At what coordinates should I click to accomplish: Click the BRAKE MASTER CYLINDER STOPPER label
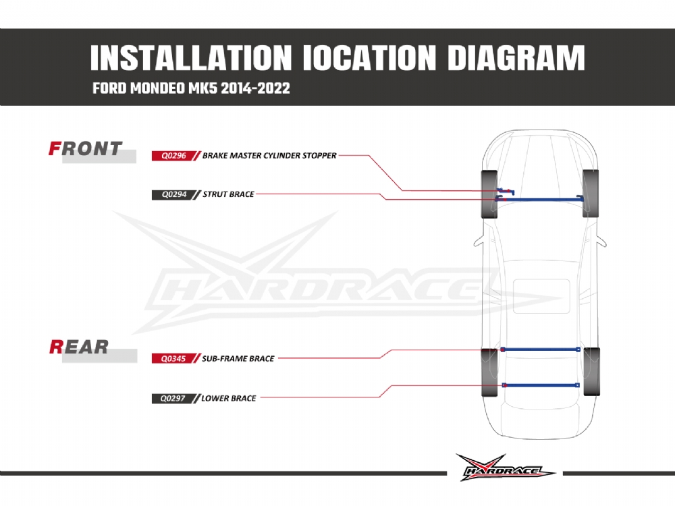pyautogui.click(x=269, y=156)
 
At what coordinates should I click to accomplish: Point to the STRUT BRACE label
pyautogui.click(x=228, y=194)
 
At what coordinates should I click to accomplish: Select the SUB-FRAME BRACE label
pyautogui.click(x=238, y=358)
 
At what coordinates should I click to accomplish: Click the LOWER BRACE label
pyautogui.click(x=229, y=399)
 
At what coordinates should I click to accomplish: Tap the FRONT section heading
pyautogui.click(x=85, y=149)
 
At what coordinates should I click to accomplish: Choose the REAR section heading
pyautogui.click(x=79, y=347)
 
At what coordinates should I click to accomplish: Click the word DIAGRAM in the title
pyautogui.click(x=516, y=58)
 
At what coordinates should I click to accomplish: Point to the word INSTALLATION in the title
pyautogui.click(x=191, y=58)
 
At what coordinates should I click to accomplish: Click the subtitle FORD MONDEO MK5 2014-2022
pyautogui.click(x=191, y=88)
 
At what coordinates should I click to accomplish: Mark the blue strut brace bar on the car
pyautogui.click(x=539, y=199)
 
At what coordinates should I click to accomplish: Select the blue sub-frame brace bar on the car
pyautogui.click(x=540, y=349)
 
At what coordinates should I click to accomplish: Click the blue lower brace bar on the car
pyautogui.click(x=541, y=385)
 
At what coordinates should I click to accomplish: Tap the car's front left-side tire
pyautogui.click(x=489, y=194)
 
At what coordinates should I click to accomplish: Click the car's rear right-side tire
pyautogui.click(x=591, y=372)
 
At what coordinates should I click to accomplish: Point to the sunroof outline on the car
pyautogui.click(x=541, y=296)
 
